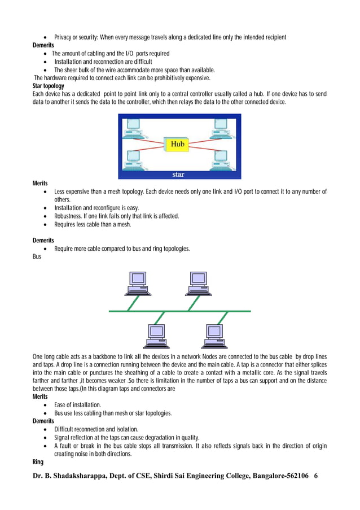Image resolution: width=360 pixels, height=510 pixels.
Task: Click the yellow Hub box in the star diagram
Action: pyautogui.click(x=177, y=145)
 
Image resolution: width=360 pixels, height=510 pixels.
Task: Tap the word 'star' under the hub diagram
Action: pyautogui.click(x=178, y=175)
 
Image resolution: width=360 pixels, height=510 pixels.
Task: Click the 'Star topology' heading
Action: pyautogui.click(x=49, y=86)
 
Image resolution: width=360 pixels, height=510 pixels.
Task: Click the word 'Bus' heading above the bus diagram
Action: pyautogui.click(x=38, y=256)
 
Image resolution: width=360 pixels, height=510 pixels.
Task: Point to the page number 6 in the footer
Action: pyautogui.click(x=315, y=476)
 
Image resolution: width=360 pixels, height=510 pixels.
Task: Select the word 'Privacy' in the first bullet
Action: pyautogui.click(x=64, y=37)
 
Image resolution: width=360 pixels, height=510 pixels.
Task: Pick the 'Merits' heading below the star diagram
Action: pyautogui.click(x=40, y=184)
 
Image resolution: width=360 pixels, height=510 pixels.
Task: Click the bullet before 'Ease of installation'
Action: pyautogui.click(x=45, y=405)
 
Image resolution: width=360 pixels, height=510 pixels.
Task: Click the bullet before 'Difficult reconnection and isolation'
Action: pyautogui.click(x=45, y=429)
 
